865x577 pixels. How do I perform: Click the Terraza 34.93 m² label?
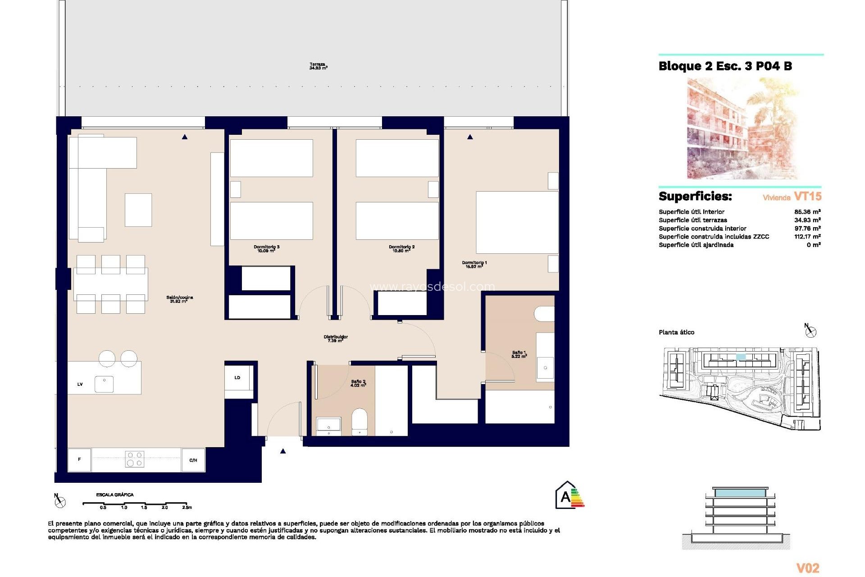(x=318, y=66)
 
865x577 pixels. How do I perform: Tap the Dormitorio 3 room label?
(x=266, y=248)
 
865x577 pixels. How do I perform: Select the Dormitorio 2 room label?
(x=401, y=248)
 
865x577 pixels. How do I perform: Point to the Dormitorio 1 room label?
(x=474, y=264)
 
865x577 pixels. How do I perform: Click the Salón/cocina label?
(x=179, y=299)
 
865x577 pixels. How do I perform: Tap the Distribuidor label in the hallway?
(x=336, y=339)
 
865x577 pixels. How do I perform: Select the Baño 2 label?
(x=358, y=383)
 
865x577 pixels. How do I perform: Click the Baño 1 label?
(x=519, y=354)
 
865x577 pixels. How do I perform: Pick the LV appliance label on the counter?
(x=80, y=385)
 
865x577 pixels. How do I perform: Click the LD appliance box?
(x=238, y=378)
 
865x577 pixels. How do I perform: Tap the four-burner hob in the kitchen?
(x=134, y=459)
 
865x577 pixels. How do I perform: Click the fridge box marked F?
(x=79, y=459)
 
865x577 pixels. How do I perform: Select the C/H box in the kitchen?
(x=193, y=460)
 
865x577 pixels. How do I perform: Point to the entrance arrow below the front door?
(x=283, y=451)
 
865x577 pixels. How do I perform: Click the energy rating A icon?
(x=569, y=496)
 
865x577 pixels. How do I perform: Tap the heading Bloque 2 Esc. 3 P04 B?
(x=725, y=66)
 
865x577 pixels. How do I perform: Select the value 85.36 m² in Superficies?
(x=807, y=211)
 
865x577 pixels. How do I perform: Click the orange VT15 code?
(x=807, y=196)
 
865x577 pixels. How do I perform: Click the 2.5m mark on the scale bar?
(x=187, y=507)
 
